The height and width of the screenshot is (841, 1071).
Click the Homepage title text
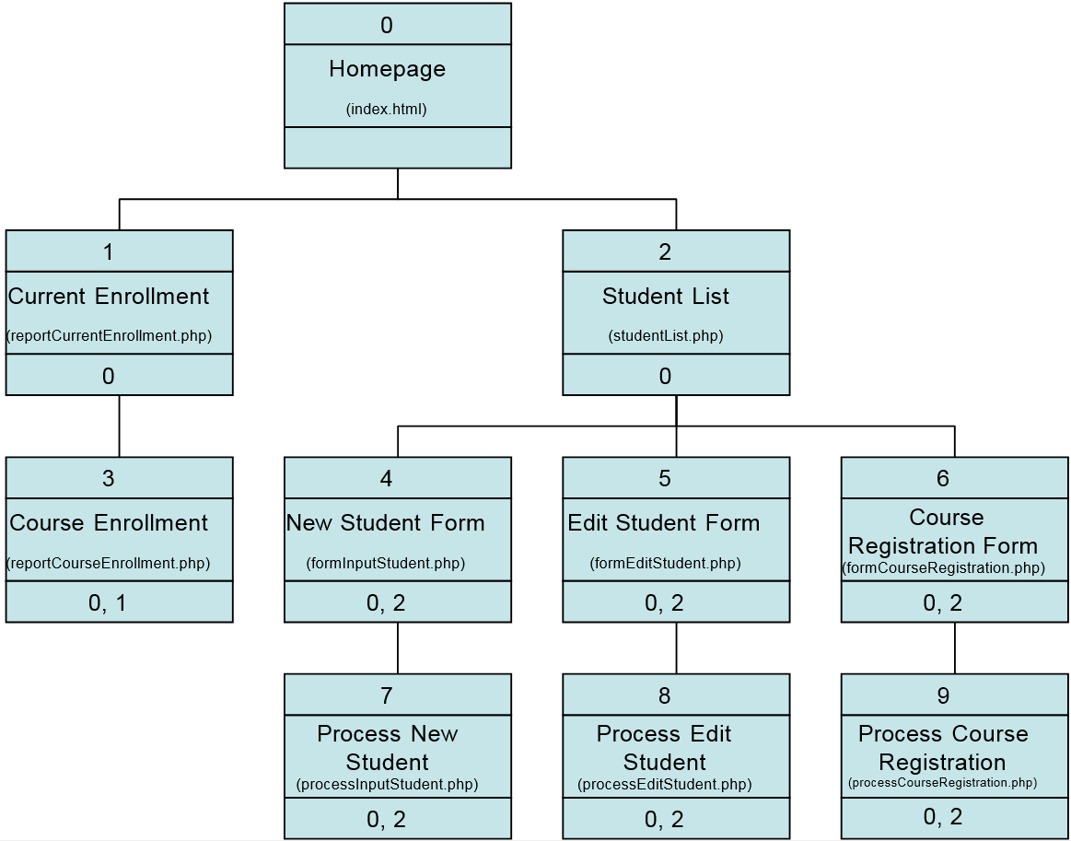pos(387,69)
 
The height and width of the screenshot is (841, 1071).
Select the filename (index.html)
pos(387,109)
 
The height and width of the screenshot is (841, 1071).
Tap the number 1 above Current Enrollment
pos(109,251)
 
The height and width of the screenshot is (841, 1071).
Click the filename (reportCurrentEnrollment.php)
pos(110,335)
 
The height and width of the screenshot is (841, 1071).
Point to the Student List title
pos(665,297)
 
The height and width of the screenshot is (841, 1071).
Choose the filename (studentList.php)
pos(666,335)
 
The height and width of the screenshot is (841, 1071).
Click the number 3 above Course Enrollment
pos(109,478)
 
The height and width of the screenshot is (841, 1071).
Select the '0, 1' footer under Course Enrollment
pos(108,602)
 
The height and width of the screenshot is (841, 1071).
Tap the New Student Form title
pos(385,523)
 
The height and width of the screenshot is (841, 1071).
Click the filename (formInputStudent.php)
pos(386,563)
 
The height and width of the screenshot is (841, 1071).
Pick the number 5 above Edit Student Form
pos(665,478)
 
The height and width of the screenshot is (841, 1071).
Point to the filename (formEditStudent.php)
pos(665,563)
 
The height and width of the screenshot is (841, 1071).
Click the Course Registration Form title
pos(944,531)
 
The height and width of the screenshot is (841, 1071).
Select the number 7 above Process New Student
pos(387,695)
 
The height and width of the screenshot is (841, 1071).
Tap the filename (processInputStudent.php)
pos(387,785)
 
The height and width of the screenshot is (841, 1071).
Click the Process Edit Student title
pos(664,748)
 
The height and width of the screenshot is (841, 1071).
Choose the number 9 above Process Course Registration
pos(943,695)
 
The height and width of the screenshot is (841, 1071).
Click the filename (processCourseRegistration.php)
pos(943,783)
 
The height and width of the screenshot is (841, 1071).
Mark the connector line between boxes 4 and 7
pos(398,648)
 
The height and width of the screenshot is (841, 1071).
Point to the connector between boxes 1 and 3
pos(119,426)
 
